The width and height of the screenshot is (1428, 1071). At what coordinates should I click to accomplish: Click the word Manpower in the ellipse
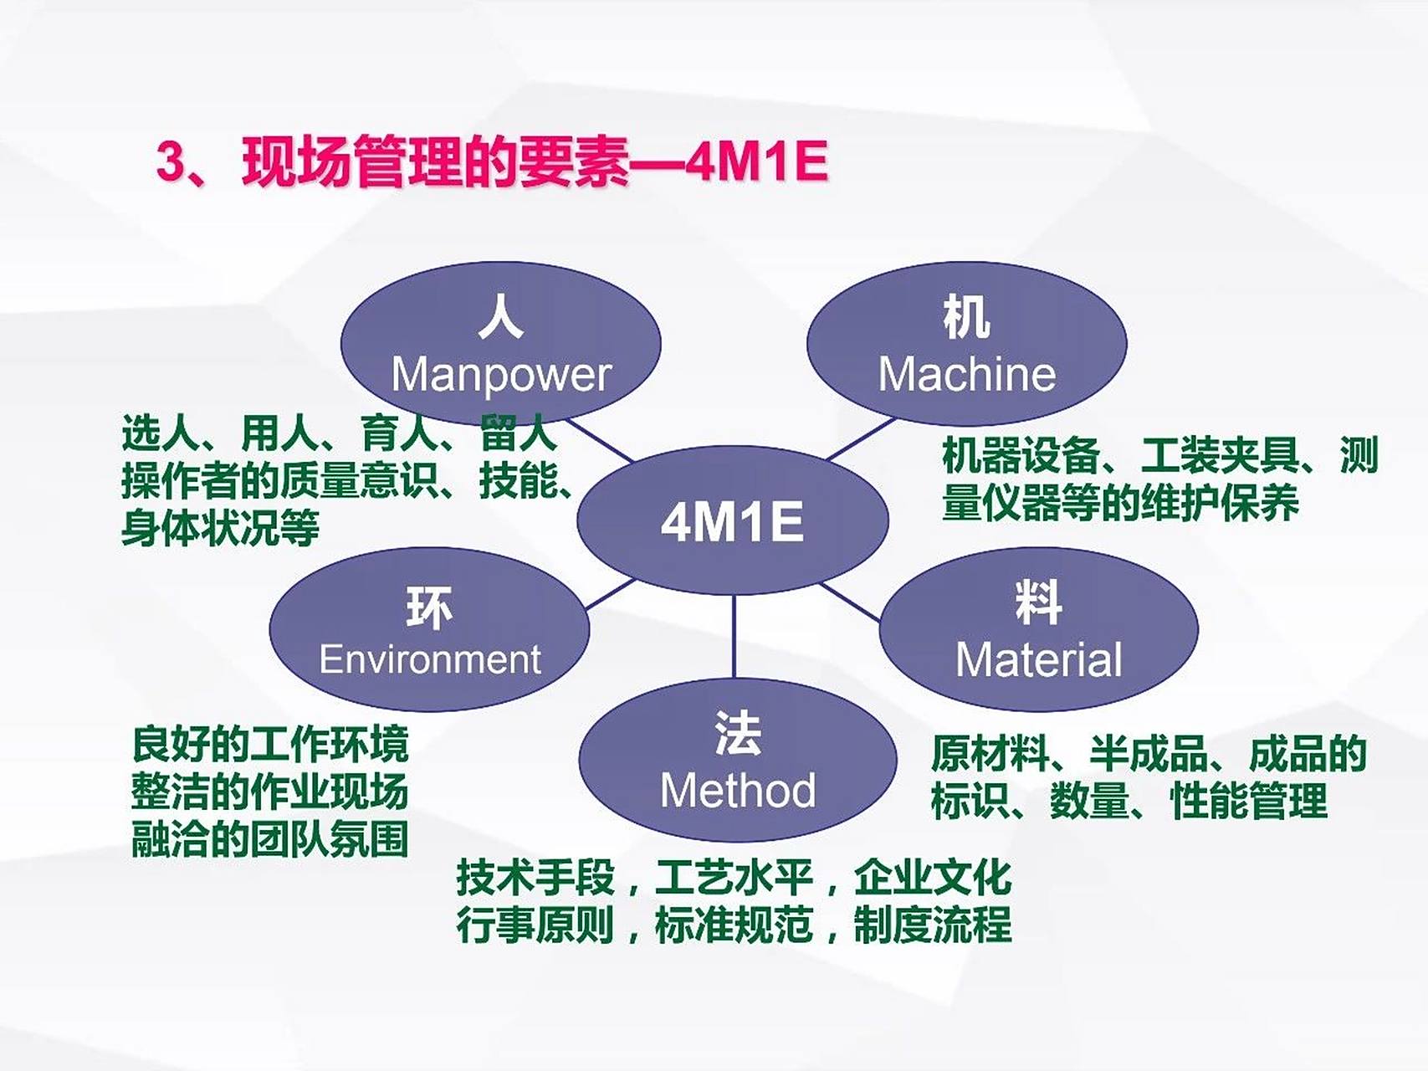(501, 375)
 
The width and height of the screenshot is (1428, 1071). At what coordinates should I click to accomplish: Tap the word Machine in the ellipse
(966, 374)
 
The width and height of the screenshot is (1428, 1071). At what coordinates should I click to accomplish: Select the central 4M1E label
(732, 521)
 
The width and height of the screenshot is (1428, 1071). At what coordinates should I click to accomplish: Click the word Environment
(430, 659)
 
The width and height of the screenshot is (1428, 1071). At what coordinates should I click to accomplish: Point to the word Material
(1038, 660)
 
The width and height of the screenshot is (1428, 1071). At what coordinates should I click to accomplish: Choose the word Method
(737, 791)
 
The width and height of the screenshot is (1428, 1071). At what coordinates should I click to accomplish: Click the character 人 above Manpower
(500, 318)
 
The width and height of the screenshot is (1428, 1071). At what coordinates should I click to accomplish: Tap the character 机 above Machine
(966, 318)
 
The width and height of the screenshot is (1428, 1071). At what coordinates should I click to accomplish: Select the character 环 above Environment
(429, 607)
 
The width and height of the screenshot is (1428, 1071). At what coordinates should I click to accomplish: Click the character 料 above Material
(1038, 602)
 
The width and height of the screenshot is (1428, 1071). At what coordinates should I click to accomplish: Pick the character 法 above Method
(737, 734)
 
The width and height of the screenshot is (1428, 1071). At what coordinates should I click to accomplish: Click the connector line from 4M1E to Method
(734, 636)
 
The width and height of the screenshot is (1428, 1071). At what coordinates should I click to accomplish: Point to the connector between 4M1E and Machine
(862, 438)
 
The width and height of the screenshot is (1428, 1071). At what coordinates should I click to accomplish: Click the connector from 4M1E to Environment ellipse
(611, 594)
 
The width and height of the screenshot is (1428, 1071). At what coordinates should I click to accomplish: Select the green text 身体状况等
(220, 529)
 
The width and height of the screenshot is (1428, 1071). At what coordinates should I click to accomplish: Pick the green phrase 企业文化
(933, 878)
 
